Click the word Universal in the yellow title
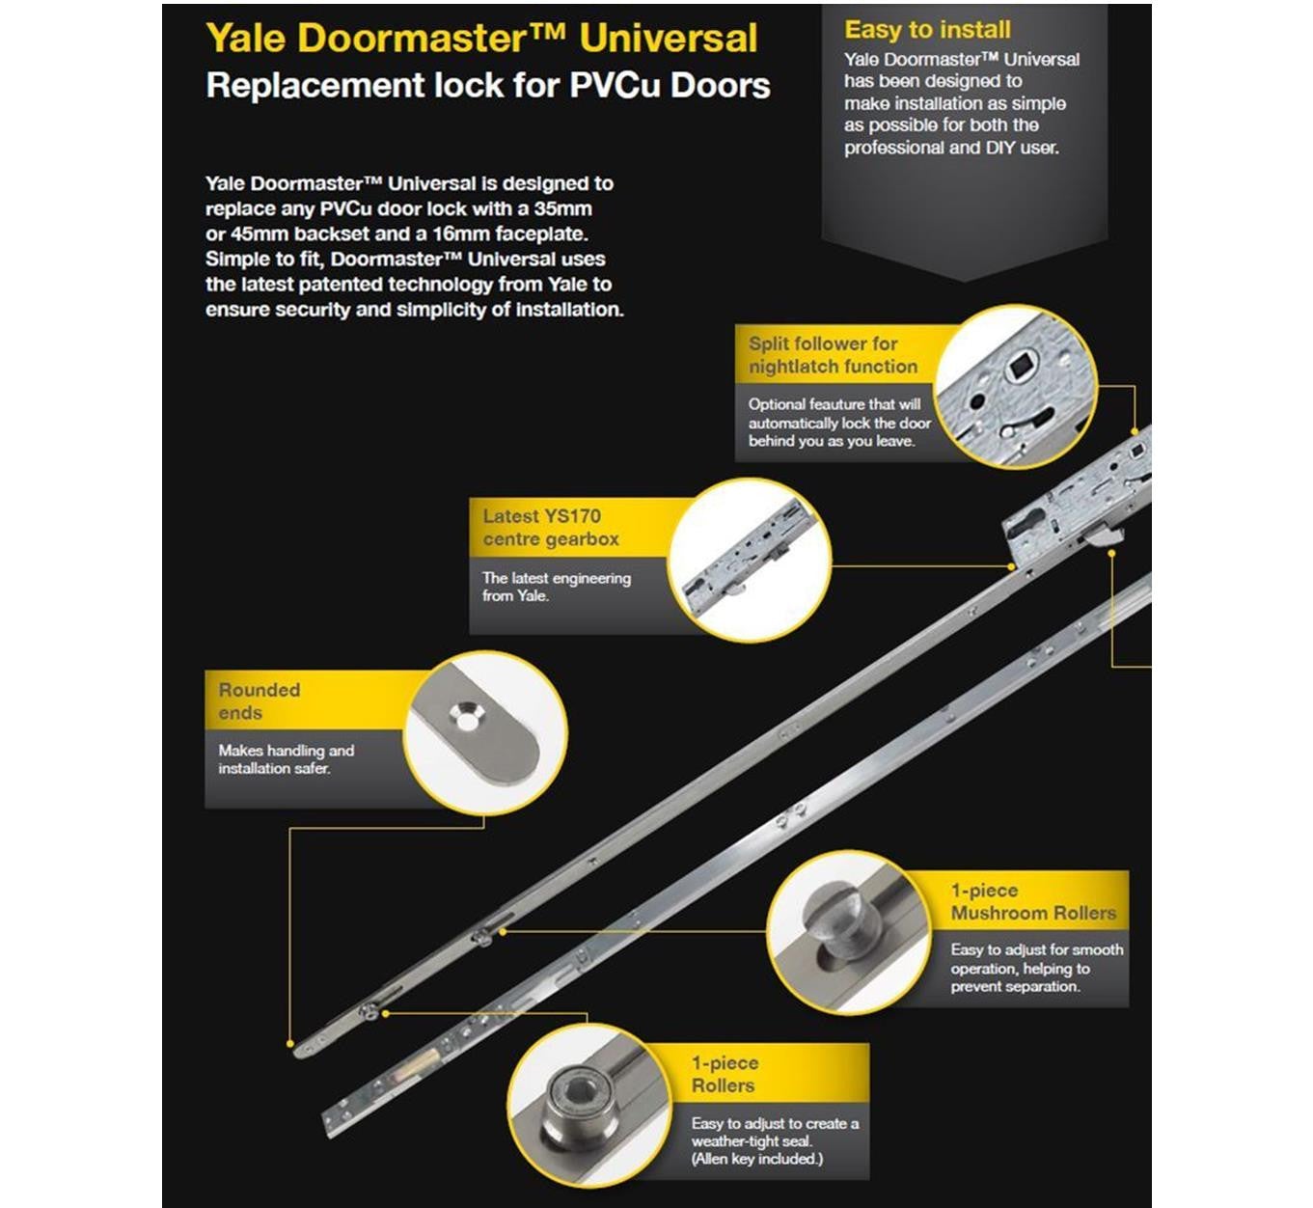pyautogui.click(x=669, y=39)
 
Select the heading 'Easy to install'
pyautogui.click(x=927, y=30)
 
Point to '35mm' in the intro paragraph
pyautogui.click(x=562, y=208)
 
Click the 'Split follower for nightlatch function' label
pyautogui.click(x=833, y=355)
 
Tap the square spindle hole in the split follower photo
pyautogui.click(x=1019, y=367)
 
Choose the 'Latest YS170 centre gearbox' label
pyautogui.click(x=551, y=528)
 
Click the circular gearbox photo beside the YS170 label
pyautogui.click(x=749, y=560)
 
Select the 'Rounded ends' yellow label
pyautogui.click(x=260, y=701)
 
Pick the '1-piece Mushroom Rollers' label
pyautogui.click(x=1032, y=901)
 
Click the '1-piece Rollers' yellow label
pyautogui.click(x=725, y=1074)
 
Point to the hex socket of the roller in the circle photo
pyautogui.click(x=577, y=1092)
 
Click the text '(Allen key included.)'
pyautogui.click(x=756, y=1159)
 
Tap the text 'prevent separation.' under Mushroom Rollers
pyautogui.click(x=1015, y=986)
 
